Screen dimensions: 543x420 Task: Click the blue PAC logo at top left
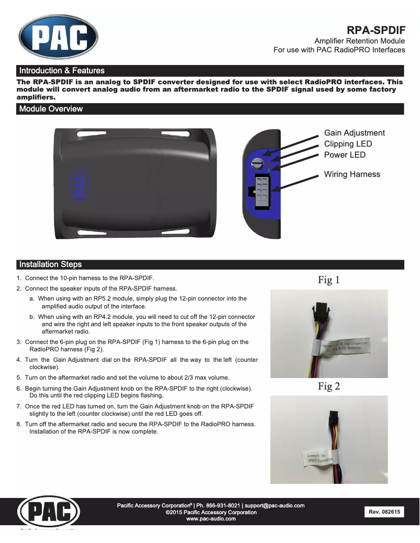(x=58, y=36)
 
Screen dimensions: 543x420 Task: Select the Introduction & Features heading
(x=62, y=71)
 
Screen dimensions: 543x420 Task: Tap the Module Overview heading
(x=51, y=109)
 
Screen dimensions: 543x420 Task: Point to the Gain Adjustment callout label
(x=354, y=133)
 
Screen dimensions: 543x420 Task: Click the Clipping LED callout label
(x=348, y=144)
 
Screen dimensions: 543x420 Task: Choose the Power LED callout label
(x=345, y=155)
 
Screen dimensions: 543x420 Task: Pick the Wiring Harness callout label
(x=352, y=174)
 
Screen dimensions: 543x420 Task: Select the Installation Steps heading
(x=50, y=264)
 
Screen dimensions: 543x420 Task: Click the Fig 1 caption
(x=329, y=280)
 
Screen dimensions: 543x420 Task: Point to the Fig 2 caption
(x=329, y=386)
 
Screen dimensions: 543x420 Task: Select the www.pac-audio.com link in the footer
(x=211, y=519)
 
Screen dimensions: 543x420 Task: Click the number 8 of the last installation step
(x=19, y=424)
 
